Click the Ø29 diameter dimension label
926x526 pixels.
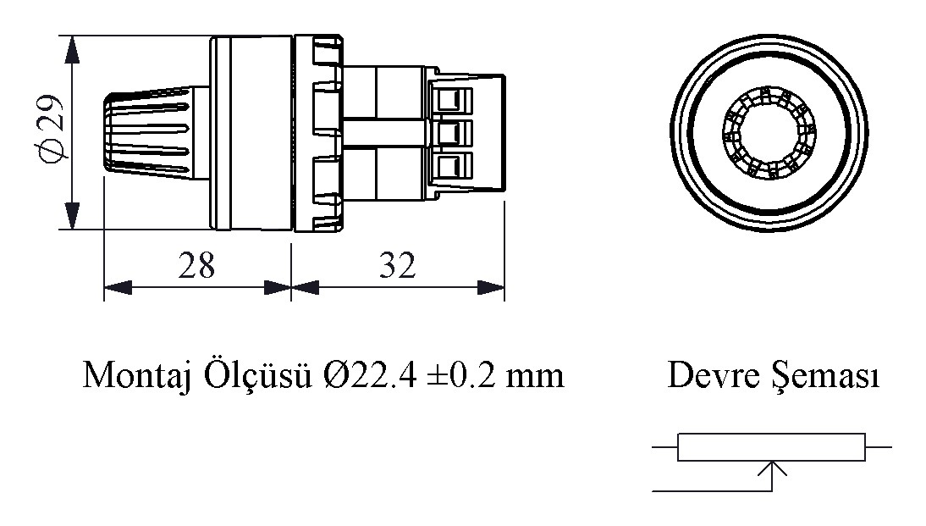click(52, 132)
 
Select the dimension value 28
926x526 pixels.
click(196, 265)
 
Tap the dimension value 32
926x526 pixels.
click(397, 265)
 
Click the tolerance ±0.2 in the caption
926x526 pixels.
click(465, 374)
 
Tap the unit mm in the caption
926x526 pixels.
click(535, 374)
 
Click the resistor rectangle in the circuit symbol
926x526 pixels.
click(771, 447)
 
